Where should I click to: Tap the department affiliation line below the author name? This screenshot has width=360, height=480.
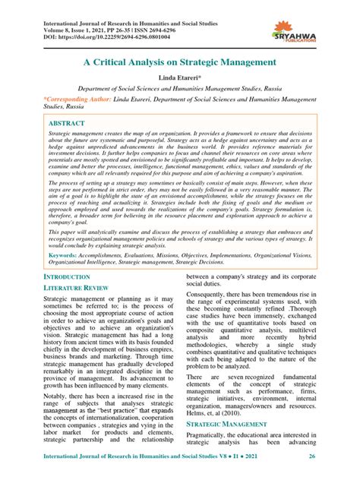click(x=180, y=88)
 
